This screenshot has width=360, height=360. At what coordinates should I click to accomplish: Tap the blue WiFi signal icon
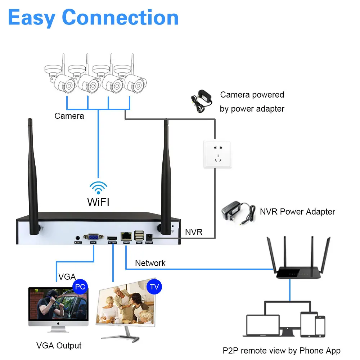pos(98,188)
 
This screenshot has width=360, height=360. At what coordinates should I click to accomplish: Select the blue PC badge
pos(80,287)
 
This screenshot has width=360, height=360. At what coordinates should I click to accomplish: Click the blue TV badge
pos(154,287)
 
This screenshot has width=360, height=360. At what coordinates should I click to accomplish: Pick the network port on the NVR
pos(126,237)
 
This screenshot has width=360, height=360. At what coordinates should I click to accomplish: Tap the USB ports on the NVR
pos(139,236)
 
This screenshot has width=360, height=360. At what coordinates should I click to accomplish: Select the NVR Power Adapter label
pos(297,212)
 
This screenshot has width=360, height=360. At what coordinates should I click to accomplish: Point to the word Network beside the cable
pos(150,263)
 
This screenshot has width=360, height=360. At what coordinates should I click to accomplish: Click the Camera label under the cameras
pos(69,116)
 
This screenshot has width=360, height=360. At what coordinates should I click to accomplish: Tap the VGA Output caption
pos(59,346)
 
